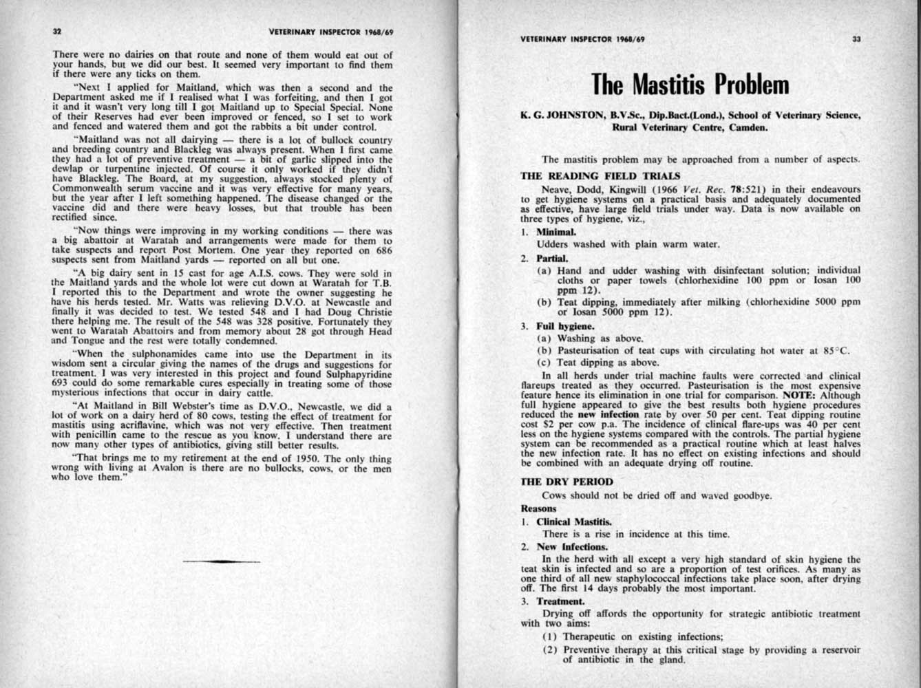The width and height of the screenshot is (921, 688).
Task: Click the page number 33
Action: (x=856, y=39)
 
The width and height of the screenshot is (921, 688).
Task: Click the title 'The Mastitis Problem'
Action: (x=690, y=85)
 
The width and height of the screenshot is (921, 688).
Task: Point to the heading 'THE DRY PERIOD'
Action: (x=567, y=482)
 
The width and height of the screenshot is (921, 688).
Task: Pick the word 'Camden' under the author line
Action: (x=750, y=127)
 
